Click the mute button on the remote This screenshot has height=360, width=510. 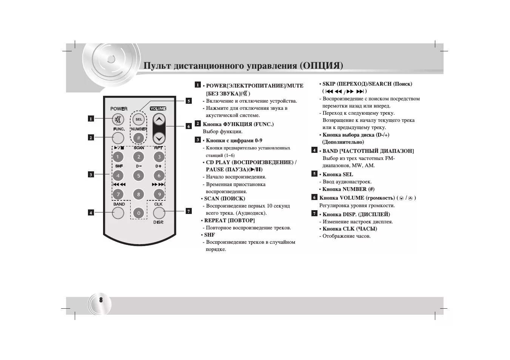click(x=118, y=120)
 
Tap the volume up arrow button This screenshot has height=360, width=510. click(x=159, y=120)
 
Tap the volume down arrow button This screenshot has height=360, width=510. click(x=159, y=138)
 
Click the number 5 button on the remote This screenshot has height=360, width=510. click(x=139, y=175)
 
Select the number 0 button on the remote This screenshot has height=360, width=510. click(x=139, y=213)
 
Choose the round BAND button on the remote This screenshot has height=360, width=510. click(x=118, y=213)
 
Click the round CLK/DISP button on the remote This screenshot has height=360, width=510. click(x=159, y=213)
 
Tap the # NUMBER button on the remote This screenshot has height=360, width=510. click(x=139, y=138)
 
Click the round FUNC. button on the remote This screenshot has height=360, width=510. click(x=118, y=138)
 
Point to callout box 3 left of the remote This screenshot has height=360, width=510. click(x=91, y=174)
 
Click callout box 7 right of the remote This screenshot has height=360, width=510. click(x=189, y=211)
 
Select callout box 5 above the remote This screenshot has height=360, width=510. click(x=189, y=101)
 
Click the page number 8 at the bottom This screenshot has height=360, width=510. click(x=101, y=300)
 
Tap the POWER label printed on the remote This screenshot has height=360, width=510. click(x=119, y=109)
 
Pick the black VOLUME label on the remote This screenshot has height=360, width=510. click(x=158, y=109)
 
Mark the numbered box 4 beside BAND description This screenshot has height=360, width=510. click(x=314, y=150)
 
